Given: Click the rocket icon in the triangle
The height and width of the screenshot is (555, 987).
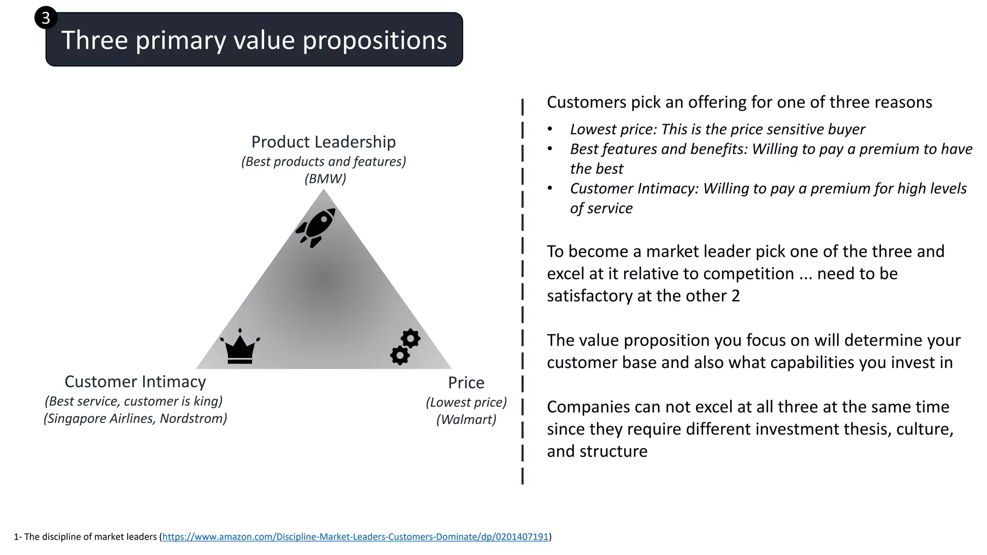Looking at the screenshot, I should [x=316, y=227].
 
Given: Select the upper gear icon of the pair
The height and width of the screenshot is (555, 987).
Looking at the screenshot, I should [x=411, y=339].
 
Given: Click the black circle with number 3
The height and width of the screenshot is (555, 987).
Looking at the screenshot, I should [x=46, y=18].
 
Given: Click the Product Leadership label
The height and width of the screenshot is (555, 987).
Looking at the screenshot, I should [x=323, y=142].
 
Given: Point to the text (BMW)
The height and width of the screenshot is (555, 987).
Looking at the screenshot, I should [x=325, y=179].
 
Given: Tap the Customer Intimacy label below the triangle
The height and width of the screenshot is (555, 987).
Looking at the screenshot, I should [x=135, y=382].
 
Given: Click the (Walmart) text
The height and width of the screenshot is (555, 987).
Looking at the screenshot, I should [x=466, y=420].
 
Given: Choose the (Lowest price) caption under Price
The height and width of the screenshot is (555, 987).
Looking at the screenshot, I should [x=466, y=402].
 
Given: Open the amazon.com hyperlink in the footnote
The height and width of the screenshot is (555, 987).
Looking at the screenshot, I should [x=355, y=537].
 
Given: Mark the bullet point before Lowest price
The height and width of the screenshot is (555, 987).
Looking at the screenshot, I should [x=550, y=130].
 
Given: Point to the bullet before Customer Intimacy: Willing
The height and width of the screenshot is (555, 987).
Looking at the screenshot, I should [x=550, y=189].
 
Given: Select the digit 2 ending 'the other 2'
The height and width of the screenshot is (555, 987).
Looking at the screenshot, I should [x=735, y=296].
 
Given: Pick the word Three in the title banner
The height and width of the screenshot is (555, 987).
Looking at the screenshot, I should [x=94, y=40].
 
